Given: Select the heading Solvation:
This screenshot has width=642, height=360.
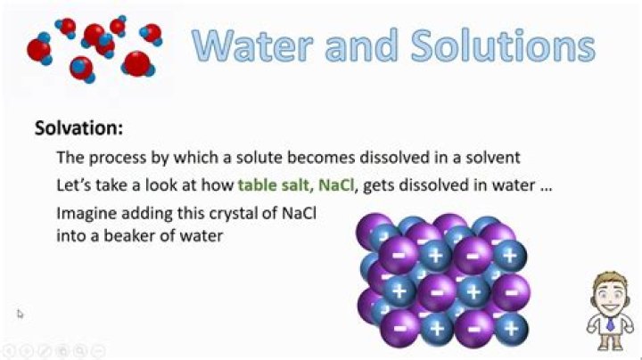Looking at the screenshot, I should pyautogui.click(x=78, y=128).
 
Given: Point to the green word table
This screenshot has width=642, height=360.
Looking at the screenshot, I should pyautogui.click(x=256, y=185).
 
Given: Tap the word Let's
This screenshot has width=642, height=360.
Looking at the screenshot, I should pyautogui.click(x=74, y=185).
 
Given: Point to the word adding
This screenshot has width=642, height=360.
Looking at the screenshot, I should pyautogui.click(x=146, y=215).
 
